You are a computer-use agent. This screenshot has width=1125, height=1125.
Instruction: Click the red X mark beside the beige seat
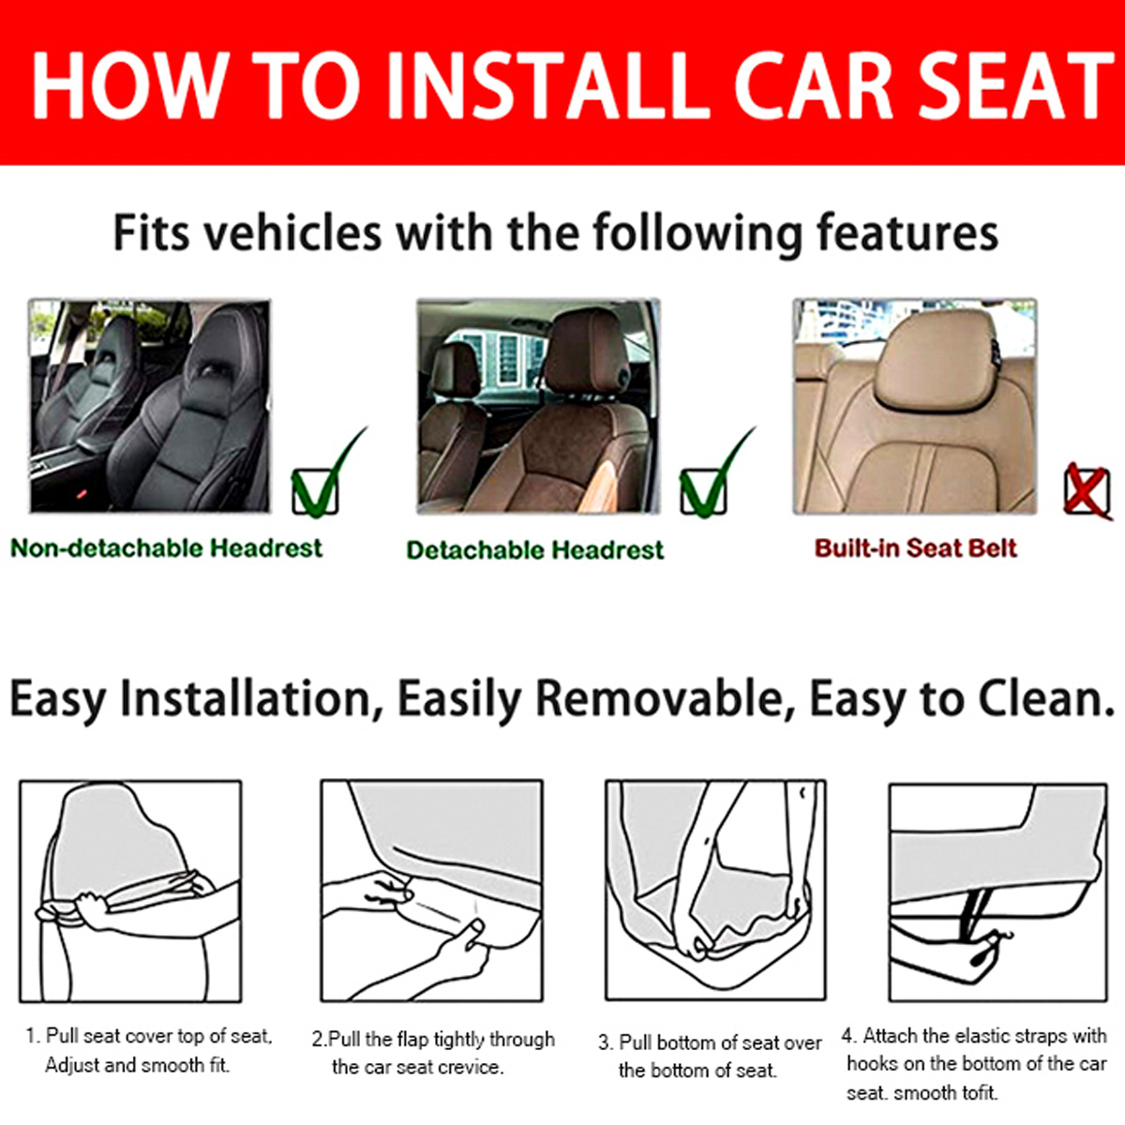pyautogui.click(x=1087, y=490)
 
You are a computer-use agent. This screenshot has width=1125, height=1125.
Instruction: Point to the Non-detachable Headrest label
pyautogui.click(x=166, y=548)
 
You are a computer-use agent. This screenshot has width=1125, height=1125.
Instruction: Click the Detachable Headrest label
pyautogui.click(x=534, y=550)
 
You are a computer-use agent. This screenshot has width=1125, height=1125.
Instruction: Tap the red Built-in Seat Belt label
pyautogui.click(x=915, y=548)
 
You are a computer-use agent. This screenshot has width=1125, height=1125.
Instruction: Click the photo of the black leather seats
pyautogui.click(x=150, y=406)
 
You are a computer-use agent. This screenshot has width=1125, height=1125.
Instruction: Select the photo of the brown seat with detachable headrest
pyautogui.click(x=538, y=406)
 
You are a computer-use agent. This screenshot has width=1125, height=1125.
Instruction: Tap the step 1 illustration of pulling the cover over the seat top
pyautogui.click(x=130, y=891)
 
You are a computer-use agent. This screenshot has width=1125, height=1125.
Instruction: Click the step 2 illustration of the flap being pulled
pyautogui.click(x=431, y=891)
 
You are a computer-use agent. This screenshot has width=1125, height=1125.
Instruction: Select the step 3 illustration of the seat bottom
pyautogui.click(x=715, y=891)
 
